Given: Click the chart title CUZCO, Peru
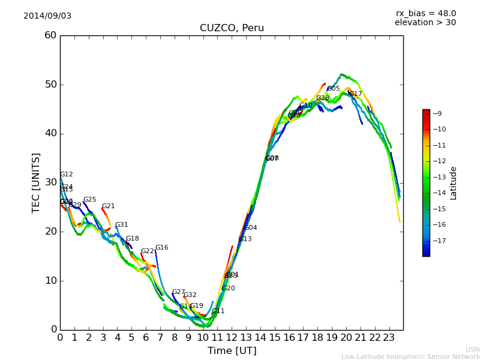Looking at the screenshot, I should point(232,28).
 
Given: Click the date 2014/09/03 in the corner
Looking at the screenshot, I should point(47,16).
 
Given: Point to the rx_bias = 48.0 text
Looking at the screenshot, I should point(425,13).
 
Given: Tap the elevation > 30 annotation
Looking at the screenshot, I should point(425,23).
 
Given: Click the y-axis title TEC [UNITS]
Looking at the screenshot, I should point(36,182).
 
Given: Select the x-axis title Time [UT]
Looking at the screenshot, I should point(232,351).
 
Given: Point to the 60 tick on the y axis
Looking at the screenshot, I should point(50,35).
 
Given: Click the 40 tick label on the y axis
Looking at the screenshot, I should point(50,133).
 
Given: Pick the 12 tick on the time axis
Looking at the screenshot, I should point(232,337).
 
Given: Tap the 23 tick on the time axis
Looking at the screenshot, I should point(389,337).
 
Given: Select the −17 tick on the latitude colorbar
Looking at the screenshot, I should point(438,241).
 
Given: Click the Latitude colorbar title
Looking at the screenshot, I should point(454,183).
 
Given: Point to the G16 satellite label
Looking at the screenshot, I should point(161,247).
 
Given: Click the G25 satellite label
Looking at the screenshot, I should point(89,200).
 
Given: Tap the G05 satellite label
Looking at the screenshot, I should point(333,89).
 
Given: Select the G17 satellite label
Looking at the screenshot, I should point(356,94).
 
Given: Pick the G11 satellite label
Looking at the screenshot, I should point(218,311).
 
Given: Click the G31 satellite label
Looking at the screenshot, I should point(121,225).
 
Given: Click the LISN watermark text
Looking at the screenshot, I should point(472,349).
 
